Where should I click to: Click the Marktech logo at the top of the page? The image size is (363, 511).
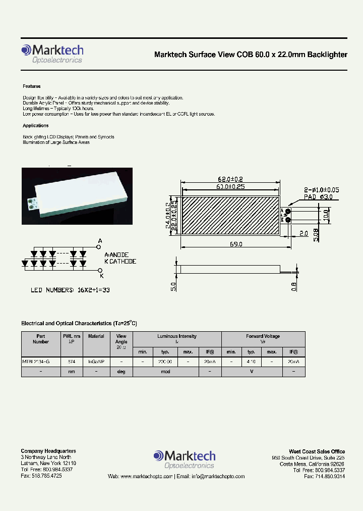[52, 53]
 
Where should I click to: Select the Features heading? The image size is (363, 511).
[31, 86]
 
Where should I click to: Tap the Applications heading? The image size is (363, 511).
[35, 126]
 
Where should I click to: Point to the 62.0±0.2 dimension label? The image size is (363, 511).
[230, 179]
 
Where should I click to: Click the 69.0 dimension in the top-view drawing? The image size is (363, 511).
[236, 244]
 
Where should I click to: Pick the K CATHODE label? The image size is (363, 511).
[120, 262]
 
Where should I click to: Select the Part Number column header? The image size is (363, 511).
[41, 339]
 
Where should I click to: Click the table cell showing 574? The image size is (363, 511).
[71, 362]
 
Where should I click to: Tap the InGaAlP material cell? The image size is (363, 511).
[96, 362]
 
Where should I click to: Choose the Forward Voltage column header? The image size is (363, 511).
[263, 336]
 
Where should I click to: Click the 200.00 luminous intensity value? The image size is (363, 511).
[165, 362]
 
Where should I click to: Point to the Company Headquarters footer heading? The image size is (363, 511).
[48, 451]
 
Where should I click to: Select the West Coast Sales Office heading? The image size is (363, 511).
[317, 451]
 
